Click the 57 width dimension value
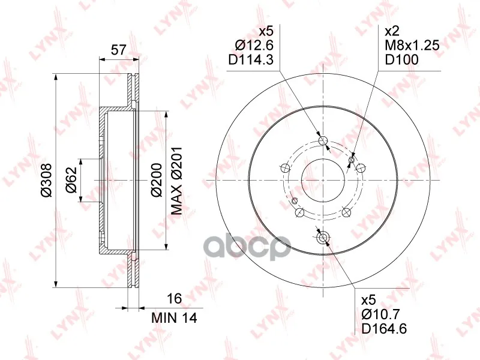tap(118, 50)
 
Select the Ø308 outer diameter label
tap(47, 181)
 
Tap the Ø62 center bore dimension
tap(71, 180)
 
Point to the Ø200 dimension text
tap(157, 180)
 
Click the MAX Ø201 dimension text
tap(176, 180)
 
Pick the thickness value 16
tap(175, 298)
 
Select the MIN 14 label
tap(174, 318)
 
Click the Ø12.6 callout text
tap(254, 46)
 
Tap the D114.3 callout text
tap(251, 59)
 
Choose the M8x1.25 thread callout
tap(412, 46)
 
